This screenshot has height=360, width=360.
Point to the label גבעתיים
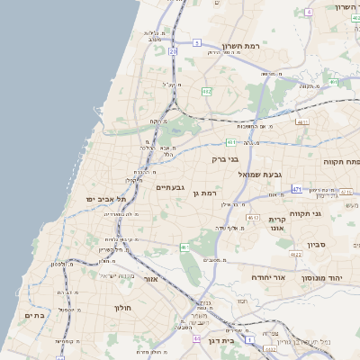point(170,187)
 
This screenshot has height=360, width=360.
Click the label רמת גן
point(206,193)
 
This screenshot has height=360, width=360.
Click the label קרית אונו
point(276,224)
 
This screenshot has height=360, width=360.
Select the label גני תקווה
point(306,214)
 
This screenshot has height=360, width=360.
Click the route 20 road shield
point(173,52)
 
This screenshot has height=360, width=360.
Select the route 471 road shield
point(297,190)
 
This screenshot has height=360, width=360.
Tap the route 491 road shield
point(232,142)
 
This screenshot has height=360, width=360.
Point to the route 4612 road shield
point(253,218)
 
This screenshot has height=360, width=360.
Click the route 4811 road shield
point(302,122)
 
